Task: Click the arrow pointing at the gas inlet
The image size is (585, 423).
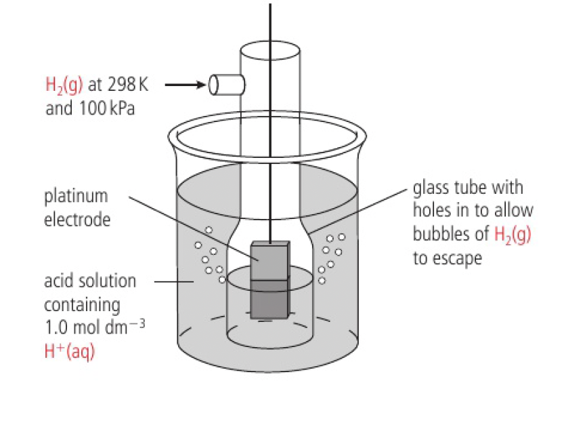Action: pos(185,85)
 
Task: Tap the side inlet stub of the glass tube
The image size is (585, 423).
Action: pos(226,85)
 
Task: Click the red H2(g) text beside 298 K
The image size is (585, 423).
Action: pos(64,85)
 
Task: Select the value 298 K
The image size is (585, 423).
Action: pos(127,85)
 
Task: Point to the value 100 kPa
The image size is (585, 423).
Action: pos(106,108)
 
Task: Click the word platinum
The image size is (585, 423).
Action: pos(76,197)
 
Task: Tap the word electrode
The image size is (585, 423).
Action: pos(77,220)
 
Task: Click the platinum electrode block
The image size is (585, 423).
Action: pos(269,280)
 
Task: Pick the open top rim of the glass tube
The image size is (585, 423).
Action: pos(269,50)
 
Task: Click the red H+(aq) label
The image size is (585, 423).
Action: pos(69,352)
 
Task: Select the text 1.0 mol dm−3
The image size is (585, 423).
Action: pos(94,327)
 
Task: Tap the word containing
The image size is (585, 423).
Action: pos(82,305)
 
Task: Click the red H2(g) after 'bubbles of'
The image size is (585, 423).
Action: pos(513,235)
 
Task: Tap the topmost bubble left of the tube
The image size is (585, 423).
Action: pos(209,230)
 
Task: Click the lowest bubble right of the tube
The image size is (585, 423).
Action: pos(322,280)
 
